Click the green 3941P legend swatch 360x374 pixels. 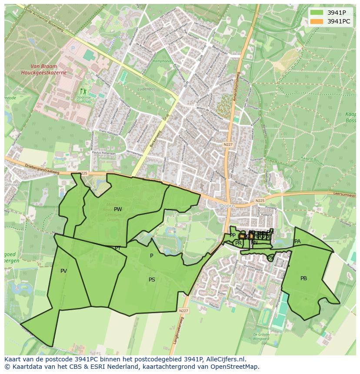[x=317, y=13]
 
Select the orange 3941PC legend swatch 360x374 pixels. [x=317, y=21]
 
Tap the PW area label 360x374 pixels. [x=118, y=209]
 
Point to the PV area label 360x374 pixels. [x=64, y=271]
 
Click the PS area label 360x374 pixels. [x=152, y=280]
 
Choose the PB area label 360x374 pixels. [x=303, y=278]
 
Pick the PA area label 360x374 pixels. [x=297, y=242]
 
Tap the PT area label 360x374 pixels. [x=118, y=248]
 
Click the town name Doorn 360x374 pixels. [x=227, y=205]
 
